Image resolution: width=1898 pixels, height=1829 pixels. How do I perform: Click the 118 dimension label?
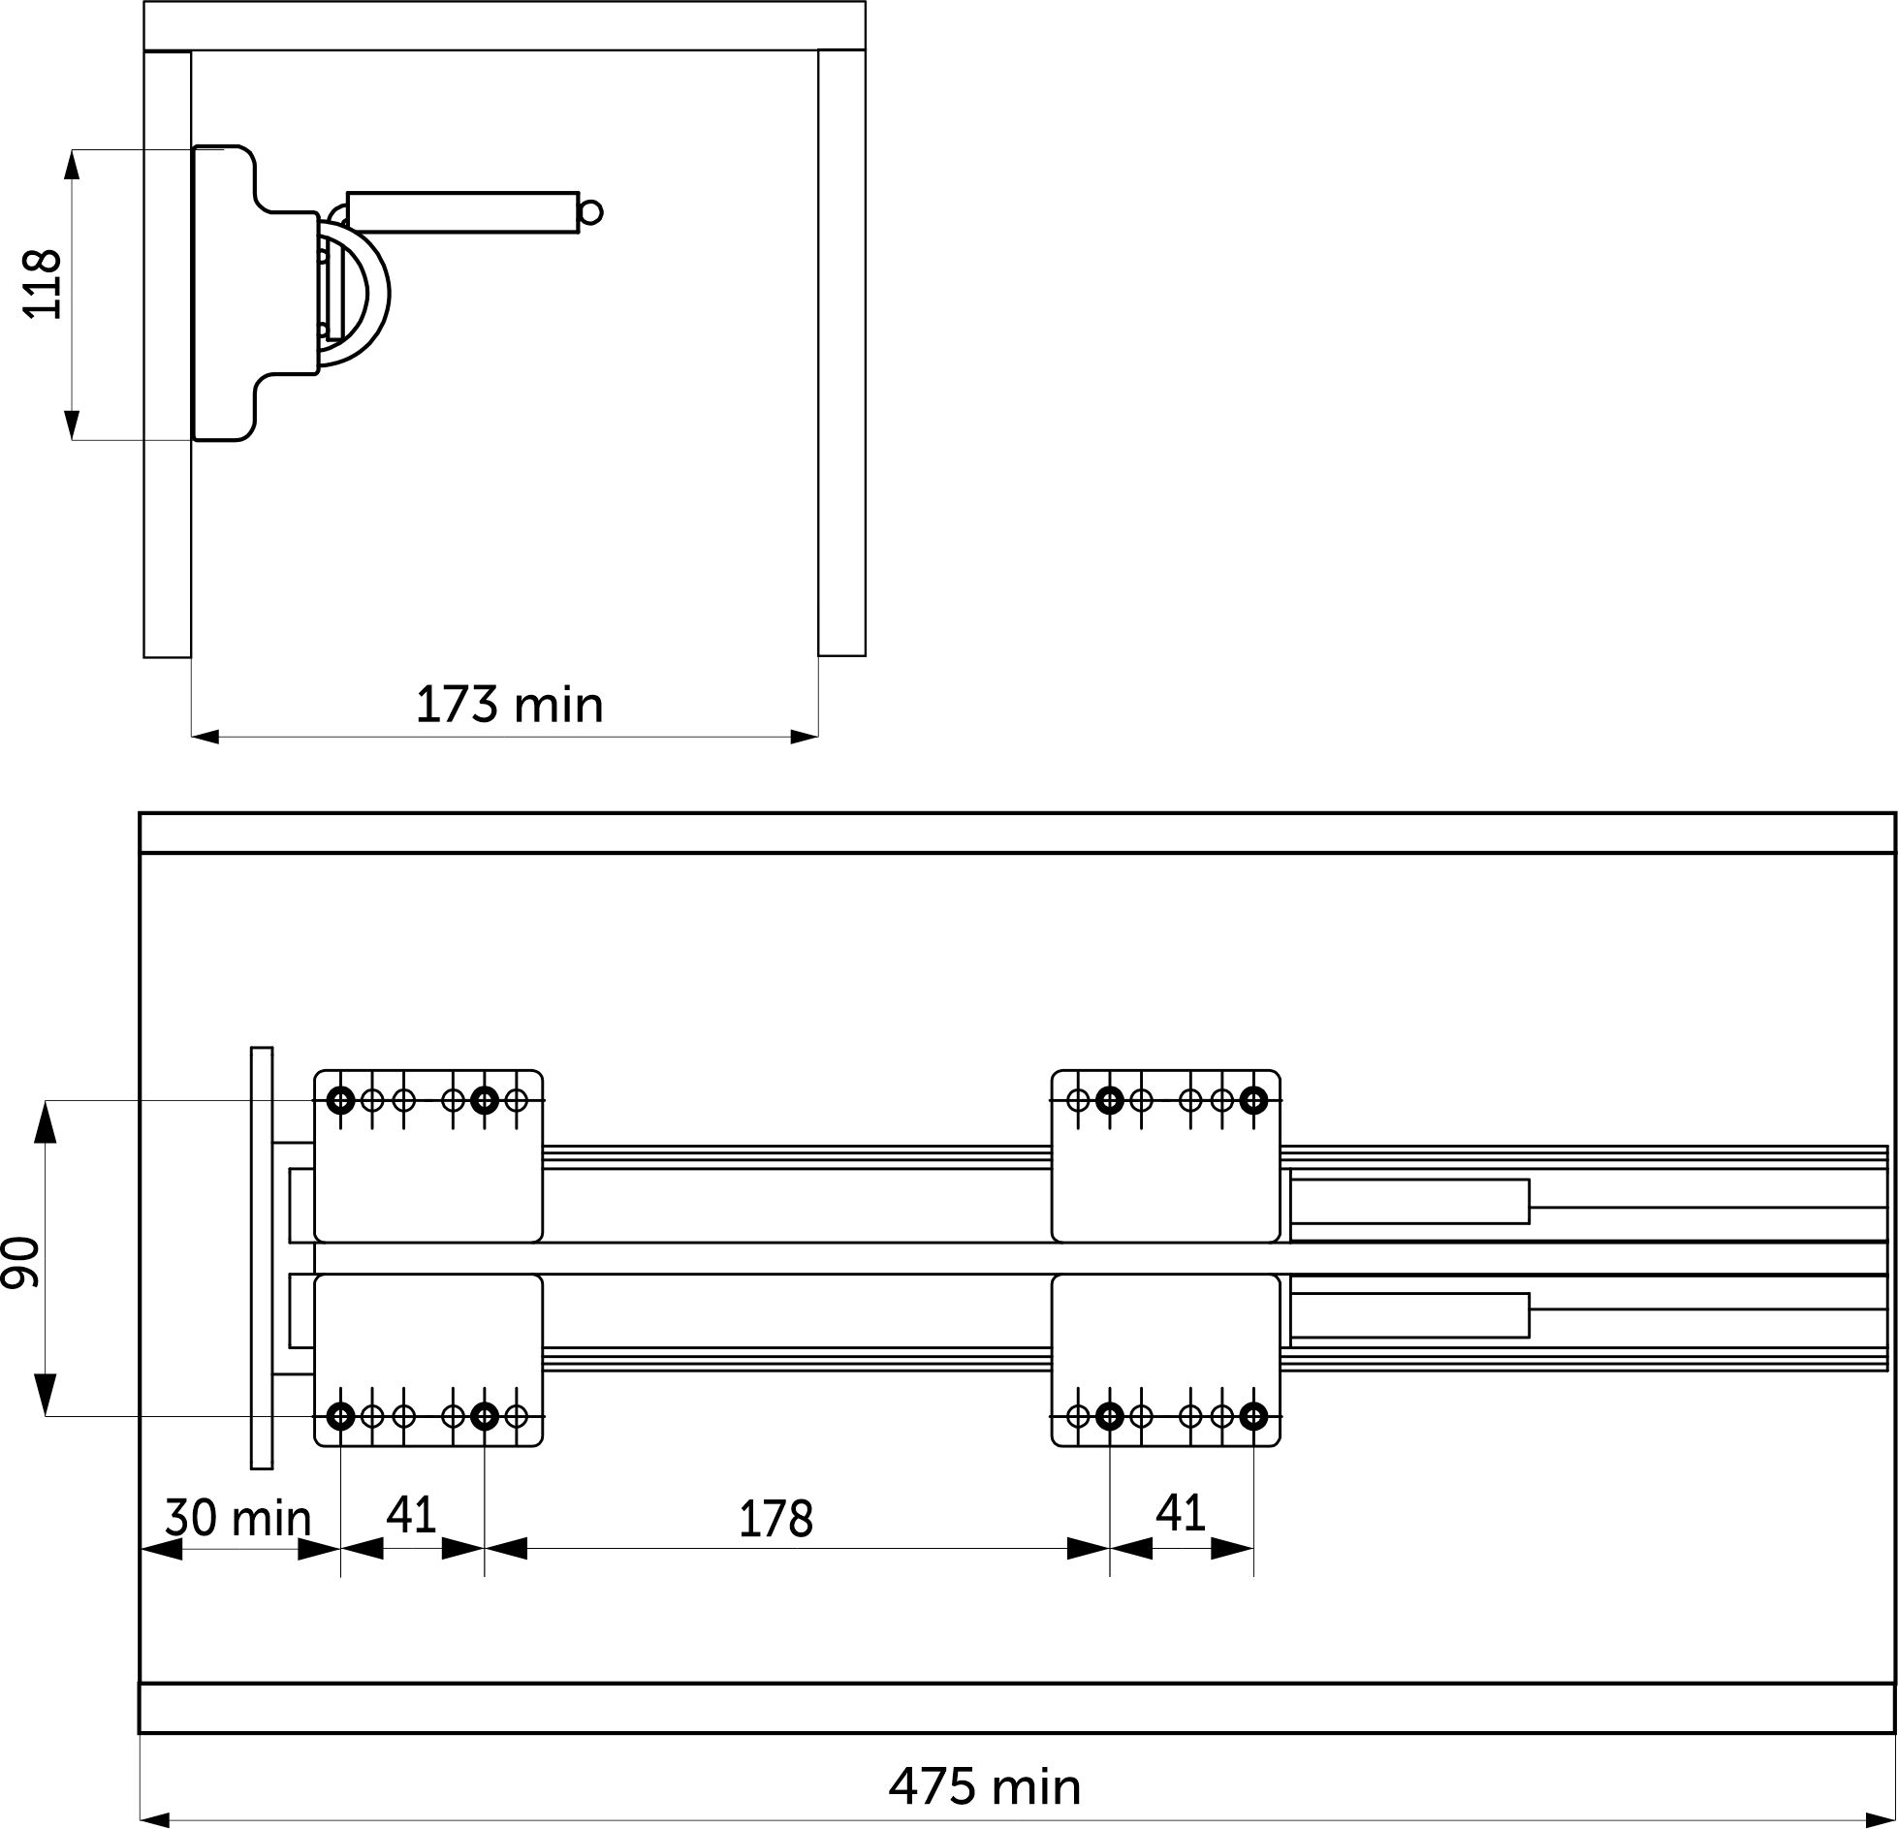coord(43,284)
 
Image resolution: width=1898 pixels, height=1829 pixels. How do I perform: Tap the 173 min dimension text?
coord(509,705)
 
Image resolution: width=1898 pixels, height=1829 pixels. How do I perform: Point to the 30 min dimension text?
coord(237,1518)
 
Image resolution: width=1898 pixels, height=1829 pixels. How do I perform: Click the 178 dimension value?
coord(775,1520)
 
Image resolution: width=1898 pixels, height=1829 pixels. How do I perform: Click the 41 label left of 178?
coord(412,1514)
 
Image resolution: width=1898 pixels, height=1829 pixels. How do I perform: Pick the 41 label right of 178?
coord(1181,1513)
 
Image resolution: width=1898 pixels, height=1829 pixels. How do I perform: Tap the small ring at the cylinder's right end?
coord(591,212)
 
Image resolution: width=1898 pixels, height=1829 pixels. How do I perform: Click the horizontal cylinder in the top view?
coord(462,212)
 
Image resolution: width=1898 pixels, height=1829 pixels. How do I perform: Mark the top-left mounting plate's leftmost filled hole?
coord(340,1100)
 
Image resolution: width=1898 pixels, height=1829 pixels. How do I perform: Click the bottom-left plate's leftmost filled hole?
coord(340,1417)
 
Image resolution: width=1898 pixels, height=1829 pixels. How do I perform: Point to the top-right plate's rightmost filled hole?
coord(1253,1100)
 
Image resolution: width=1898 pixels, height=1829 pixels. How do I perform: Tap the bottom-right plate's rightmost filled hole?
coord(1253,1417)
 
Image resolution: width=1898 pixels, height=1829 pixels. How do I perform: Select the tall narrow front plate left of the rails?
coord(262,1258)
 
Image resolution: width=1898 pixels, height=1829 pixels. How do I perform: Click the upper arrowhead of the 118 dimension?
coord(72,167)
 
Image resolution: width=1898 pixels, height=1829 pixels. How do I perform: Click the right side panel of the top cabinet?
coord(841,354)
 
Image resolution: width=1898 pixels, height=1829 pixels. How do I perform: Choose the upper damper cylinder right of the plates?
coord(1410,1202)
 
